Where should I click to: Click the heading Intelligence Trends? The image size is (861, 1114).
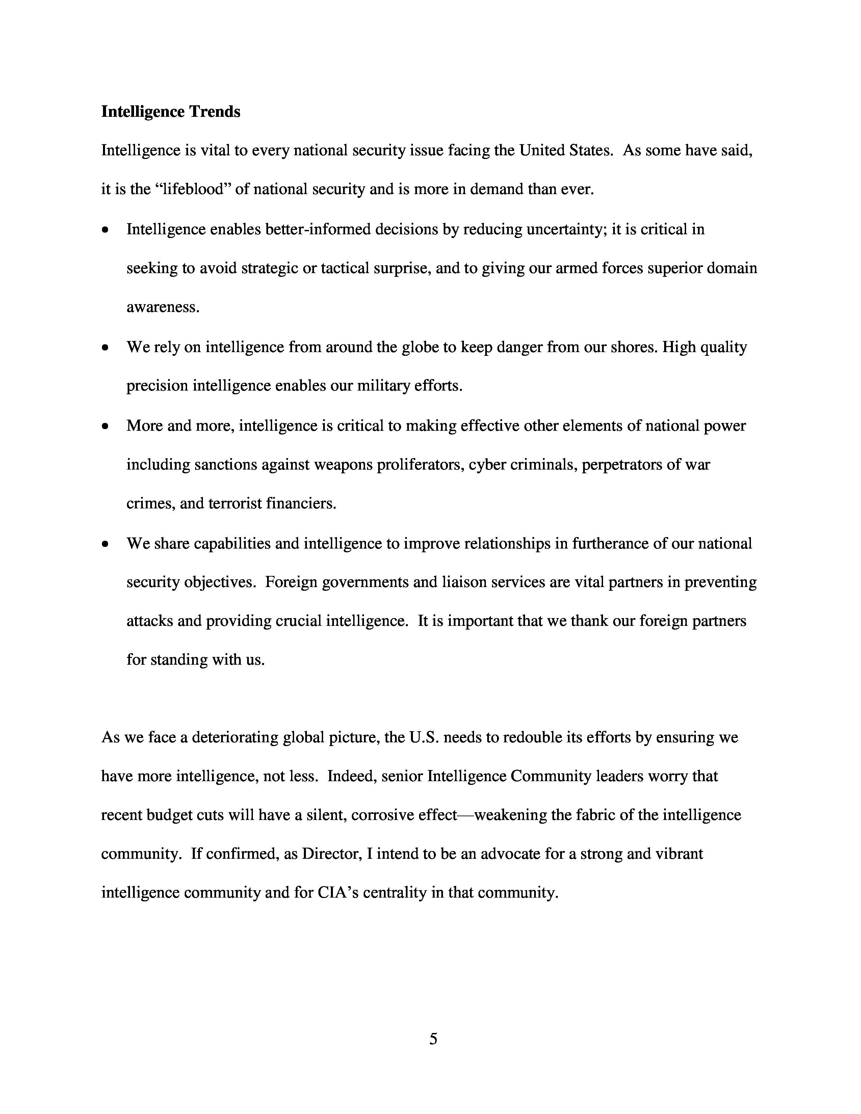[171, 112]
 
